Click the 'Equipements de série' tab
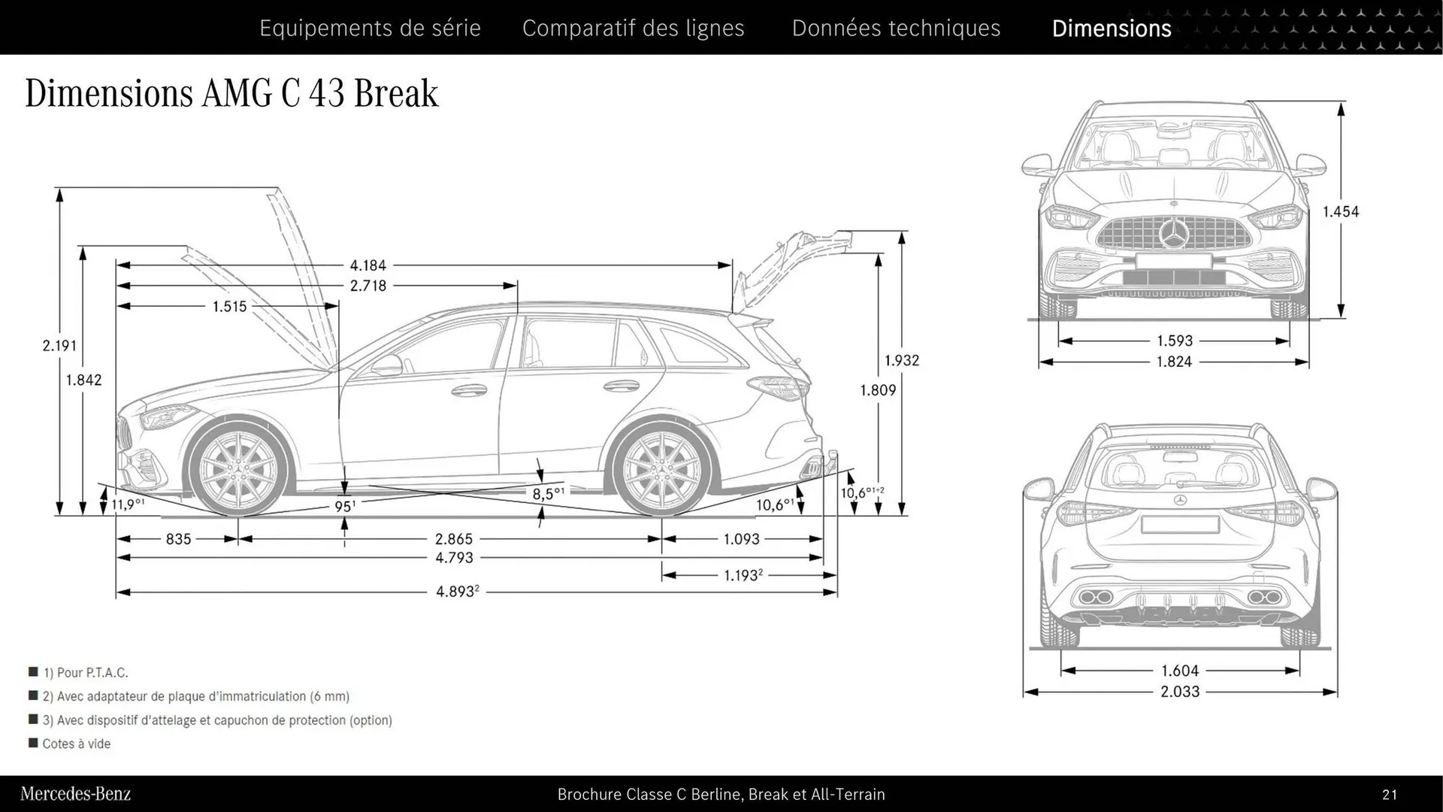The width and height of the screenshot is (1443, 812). pos(370,28)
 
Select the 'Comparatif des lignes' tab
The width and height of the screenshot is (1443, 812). pos(633,28)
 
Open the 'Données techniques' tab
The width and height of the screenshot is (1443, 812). pos(896,28)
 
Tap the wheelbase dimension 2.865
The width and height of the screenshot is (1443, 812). pos(454,539)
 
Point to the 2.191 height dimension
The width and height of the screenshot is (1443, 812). pos(59,346)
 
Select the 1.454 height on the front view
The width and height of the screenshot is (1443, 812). pos(1340,212)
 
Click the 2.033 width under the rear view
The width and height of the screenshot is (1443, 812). pos(1180,692)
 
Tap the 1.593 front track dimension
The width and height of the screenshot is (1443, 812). pos(1175,341)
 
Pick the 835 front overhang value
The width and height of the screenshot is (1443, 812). pos(178,539)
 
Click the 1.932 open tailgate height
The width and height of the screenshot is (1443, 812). pos(901,361)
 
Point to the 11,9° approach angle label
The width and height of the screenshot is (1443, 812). pos(128,504)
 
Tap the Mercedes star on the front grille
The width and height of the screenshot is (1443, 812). pos(1174,235)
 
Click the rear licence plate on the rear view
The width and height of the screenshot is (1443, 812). pos(1179,524)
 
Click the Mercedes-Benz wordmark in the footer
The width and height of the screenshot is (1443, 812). pos(75,794)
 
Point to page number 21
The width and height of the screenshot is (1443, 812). pos(1389,795)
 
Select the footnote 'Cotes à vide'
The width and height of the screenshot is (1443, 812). pos(76,744)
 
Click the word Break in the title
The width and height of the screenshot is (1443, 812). pos(396,94)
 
